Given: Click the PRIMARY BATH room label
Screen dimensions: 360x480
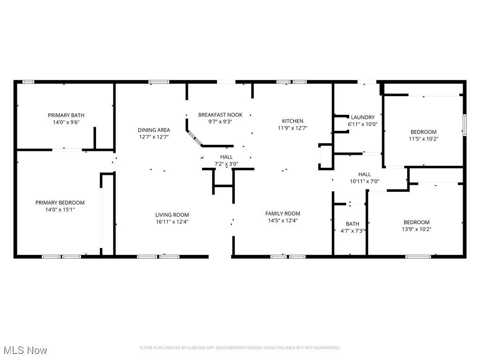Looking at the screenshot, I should point(66,115).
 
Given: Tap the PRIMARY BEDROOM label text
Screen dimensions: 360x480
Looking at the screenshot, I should point(60,202).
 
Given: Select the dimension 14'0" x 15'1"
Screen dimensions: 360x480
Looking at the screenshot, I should point(60,210).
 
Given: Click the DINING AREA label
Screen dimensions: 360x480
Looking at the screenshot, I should point(154,130).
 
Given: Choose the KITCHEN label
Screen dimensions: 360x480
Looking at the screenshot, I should point(292,121).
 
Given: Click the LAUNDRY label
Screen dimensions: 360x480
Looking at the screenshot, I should point(363,117).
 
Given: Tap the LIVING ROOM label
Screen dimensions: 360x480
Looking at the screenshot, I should point(172,215).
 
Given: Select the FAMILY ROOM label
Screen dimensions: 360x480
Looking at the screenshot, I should point(283,213).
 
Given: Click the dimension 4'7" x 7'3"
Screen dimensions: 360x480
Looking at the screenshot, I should point(352,231).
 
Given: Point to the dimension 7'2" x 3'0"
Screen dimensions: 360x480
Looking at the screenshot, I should point(226,164).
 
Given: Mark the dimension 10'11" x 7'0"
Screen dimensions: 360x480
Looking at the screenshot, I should point(365,181).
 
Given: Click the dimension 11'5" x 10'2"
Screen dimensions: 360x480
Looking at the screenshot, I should point(423,139).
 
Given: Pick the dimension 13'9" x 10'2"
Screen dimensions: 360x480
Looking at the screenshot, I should point(417,229).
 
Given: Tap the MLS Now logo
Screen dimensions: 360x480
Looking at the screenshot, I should point(25,350).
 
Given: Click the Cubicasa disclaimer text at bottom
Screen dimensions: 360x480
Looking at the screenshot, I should point(240,348).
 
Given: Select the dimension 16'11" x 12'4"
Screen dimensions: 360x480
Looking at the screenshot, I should point(172,222).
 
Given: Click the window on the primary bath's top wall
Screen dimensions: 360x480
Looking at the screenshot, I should point(29,82).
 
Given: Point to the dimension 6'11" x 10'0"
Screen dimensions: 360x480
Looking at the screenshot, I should point(363,124).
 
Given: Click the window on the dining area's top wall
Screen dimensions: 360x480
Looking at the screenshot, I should point(159,82).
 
